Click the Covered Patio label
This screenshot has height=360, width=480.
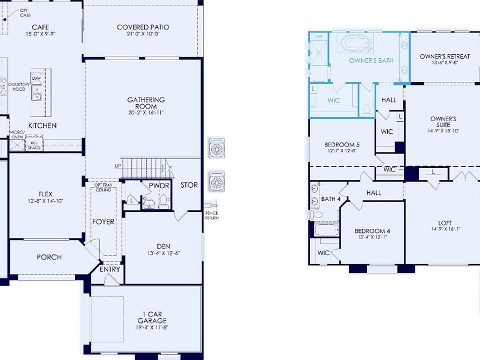[x=142, y=27]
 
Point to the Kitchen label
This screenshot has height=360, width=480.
[x=42, y=125]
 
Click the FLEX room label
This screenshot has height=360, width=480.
[x=45, y=194]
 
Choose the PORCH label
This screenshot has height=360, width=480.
[x=49, y=257]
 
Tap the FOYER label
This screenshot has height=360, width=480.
[x=103, y=221]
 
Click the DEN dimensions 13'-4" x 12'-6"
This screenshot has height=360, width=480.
[x=163, y=253]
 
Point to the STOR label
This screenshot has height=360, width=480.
[x=189, y=185]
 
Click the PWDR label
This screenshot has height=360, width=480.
[x=158, y=185]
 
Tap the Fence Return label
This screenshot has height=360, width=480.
[x=211, y=215]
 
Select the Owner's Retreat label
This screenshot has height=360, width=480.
[x=444, y=56]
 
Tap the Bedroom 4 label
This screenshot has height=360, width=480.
[x=372, y=231]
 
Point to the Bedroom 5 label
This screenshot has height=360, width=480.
[x=342, y=145]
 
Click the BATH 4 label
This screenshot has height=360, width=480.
[x=330, y=199]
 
